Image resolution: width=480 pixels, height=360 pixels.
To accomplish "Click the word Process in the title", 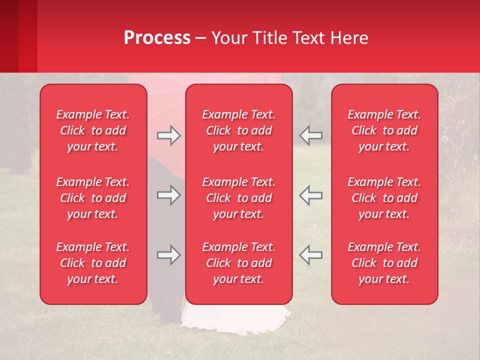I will coord(157,38).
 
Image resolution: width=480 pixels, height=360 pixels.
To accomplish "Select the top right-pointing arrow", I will coord(168,135).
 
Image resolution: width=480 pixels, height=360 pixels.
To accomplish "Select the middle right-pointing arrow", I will coord(168,195).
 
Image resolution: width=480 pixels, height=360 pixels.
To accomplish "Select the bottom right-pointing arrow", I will coord(168,255).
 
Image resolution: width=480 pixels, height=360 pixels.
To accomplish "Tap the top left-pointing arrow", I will coord(310,135).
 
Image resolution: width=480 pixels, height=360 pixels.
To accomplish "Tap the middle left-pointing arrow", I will coord(310,195).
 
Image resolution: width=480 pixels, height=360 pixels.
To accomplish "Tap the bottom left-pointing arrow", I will coord(310,255).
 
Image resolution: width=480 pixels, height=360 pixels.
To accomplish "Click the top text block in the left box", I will coord(93,130).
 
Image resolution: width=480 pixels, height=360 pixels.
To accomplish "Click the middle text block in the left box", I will coord(93,198).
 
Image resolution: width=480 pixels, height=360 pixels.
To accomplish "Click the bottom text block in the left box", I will coord(93,263).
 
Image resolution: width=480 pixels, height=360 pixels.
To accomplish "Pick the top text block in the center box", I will coord(238,130).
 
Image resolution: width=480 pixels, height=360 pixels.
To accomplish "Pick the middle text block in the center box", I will coord(238,198).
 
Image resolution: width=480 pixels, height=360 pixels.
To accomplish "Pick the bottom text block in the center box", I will coord(238,263).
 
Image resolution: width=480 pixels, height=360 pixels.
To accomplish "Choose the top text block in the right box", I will coord(384,130).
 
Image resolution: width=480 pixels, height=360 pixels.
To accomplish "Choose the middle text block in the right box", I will coord(384,198).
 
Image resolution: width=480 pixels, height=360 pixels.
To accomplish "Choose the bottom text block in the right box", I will coord(384,263).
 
